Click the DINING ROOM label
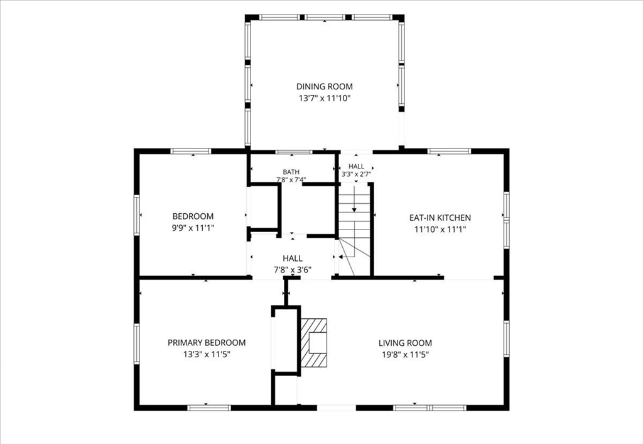coord(325,87)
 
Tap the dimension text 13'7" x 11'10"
coord(325,99)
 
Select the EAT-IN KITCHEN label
coord(440,218)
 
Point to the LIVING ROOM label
coord(405,343)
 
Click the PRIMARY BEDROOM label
coord(207,343)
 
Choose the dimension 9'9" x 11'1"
coord(193,228)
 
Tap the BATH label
coord(291,172)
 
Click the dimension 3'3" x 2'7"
coord(357,174)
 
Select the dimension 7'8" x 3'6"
coord(293,270)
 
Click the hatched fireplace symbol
coord(314,342)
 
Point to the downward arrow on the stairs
coord(354,199)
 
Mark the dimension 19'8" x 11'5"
coord(405,355)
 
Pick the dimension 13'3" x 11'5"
coord(207,355)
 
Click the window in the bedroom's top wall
coord(191,151)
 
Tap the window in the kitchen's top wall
coord(449,151)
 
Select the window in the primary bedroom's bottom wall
coord(209,408)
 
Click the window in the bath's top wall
coord(294,152)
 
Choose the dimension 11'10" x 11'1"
coord(440,230)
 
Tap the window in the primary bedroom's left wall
coord(136,343)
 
